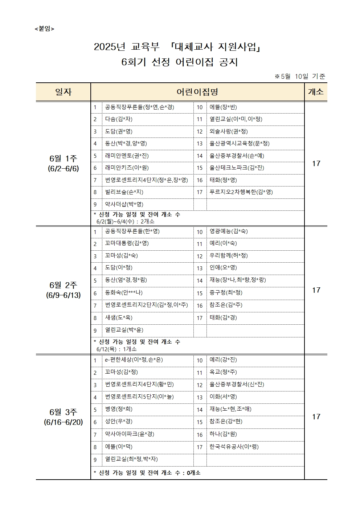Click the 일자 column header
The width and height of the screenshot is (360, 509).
[x=63, y=92]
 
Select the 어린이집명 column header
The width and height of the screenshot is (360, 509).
[x=197, y=92]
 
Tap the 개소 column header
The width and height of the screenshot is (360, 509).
[x=315, y=92]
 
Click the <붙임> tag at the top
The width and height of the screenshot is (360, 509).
[x=44, y=29]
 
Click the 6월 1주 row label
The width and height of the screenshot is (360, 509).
[x=63, y=159]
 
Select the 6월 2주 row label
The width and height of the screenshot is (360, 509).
[x=63, y=285]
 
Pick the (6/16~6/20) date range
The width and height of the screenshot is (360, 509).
[x=63, y=422]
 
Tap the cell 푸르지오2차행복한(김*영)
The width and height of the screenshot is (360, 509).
[x=241, y=192]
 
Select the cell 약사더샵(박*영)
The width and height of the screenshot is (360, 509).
[x=124, y=204]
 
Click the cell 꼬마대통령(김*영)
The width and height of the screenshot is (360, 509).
[x=127, y=243]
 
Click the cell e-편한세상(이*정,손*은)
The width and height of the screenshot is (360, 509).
[x=134, y=360]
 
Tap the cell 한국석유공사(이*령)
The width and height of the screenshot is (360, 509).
[x=234, y=447]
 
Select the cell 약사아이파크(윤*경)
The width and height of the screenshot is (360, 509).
[x=129, y=434]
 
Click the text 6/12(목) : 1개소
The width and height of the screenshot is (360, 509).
[x=116, y=349]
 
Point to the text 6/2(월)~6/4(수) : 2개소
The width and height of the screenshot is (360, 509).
[x=126, y=221]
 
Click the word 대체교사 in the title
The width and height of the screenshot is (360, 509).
[x=194, y=47]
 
